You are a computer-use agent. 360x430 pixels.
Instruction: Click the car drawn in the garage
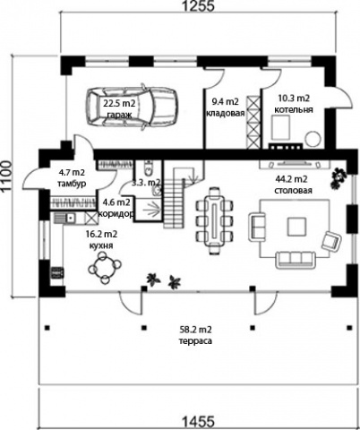pos(132,107)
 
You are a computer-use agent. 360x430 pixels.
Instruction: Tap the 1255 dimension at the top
pos(198,6)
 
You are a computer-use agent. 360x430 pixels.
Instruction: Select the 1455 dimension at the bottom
pos(198,422)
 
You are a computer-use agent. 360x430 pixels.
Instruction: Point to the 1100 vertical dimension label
pos(6,176)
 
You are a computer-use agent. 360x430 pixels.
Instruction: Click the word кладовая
pos(226,114)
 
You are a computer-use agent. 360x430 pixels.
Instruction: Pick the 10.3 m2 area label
pos(294,99)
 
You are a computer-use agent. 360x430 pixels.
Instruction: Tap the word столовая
pos(293,191)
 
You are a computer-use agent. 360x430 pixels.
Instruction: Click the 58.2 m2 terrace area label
pos(195,330)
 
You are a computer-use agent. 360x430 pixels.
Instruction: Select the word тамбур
pos(72,184)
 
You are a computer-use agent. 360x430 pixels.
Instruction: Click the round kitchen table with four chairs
pos(105,267)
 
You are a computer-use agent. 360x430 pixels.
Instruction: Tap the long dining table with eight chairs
pos(214,220)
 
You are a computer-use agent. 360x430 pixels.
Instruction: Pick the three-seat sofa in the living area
pos(296,259)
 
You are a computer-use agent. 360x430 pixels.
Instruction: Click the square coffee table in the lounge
pos(296,228)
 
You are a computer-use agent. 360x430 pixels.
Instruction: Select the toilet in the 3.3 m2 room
pos(148,168)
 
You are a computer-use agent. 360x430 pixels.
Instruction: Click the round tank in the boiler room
pos(313,139)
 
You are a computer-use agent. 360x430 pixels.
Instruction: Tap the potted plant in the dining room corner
pos(339,178)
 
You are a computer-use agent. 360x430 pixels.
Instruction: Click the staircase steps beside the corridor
pos(173,203)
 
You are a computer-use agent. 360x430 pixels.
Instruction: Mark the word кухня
pos(101,245)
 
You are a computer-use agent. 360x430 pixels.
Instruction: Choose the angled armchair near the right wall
pos(331,241)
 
